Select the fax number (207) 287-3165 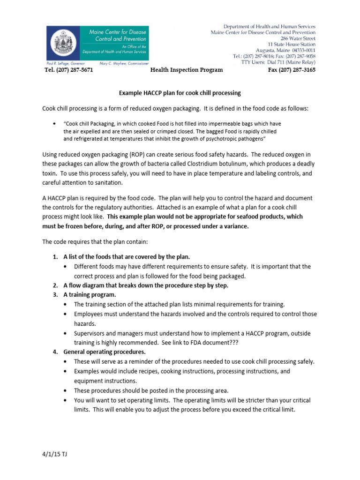point(292,70)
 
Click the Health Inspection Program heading point(180,70)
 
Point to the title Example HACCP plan point(180,93)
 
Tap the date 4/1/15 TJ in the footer point(54,455)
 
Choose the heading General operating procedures point(105,352)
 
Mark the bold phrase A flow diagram point(86,285)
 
